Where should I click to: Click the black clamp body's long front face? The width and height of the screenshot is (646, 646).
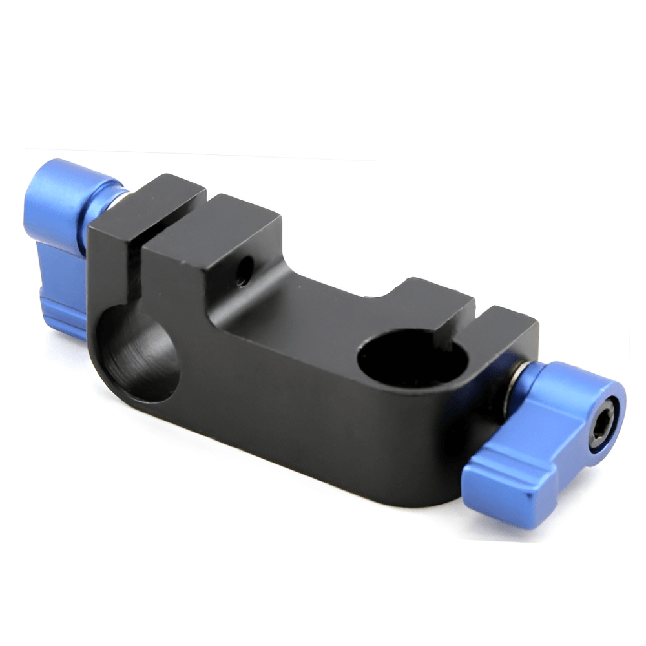pos(291,401)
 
